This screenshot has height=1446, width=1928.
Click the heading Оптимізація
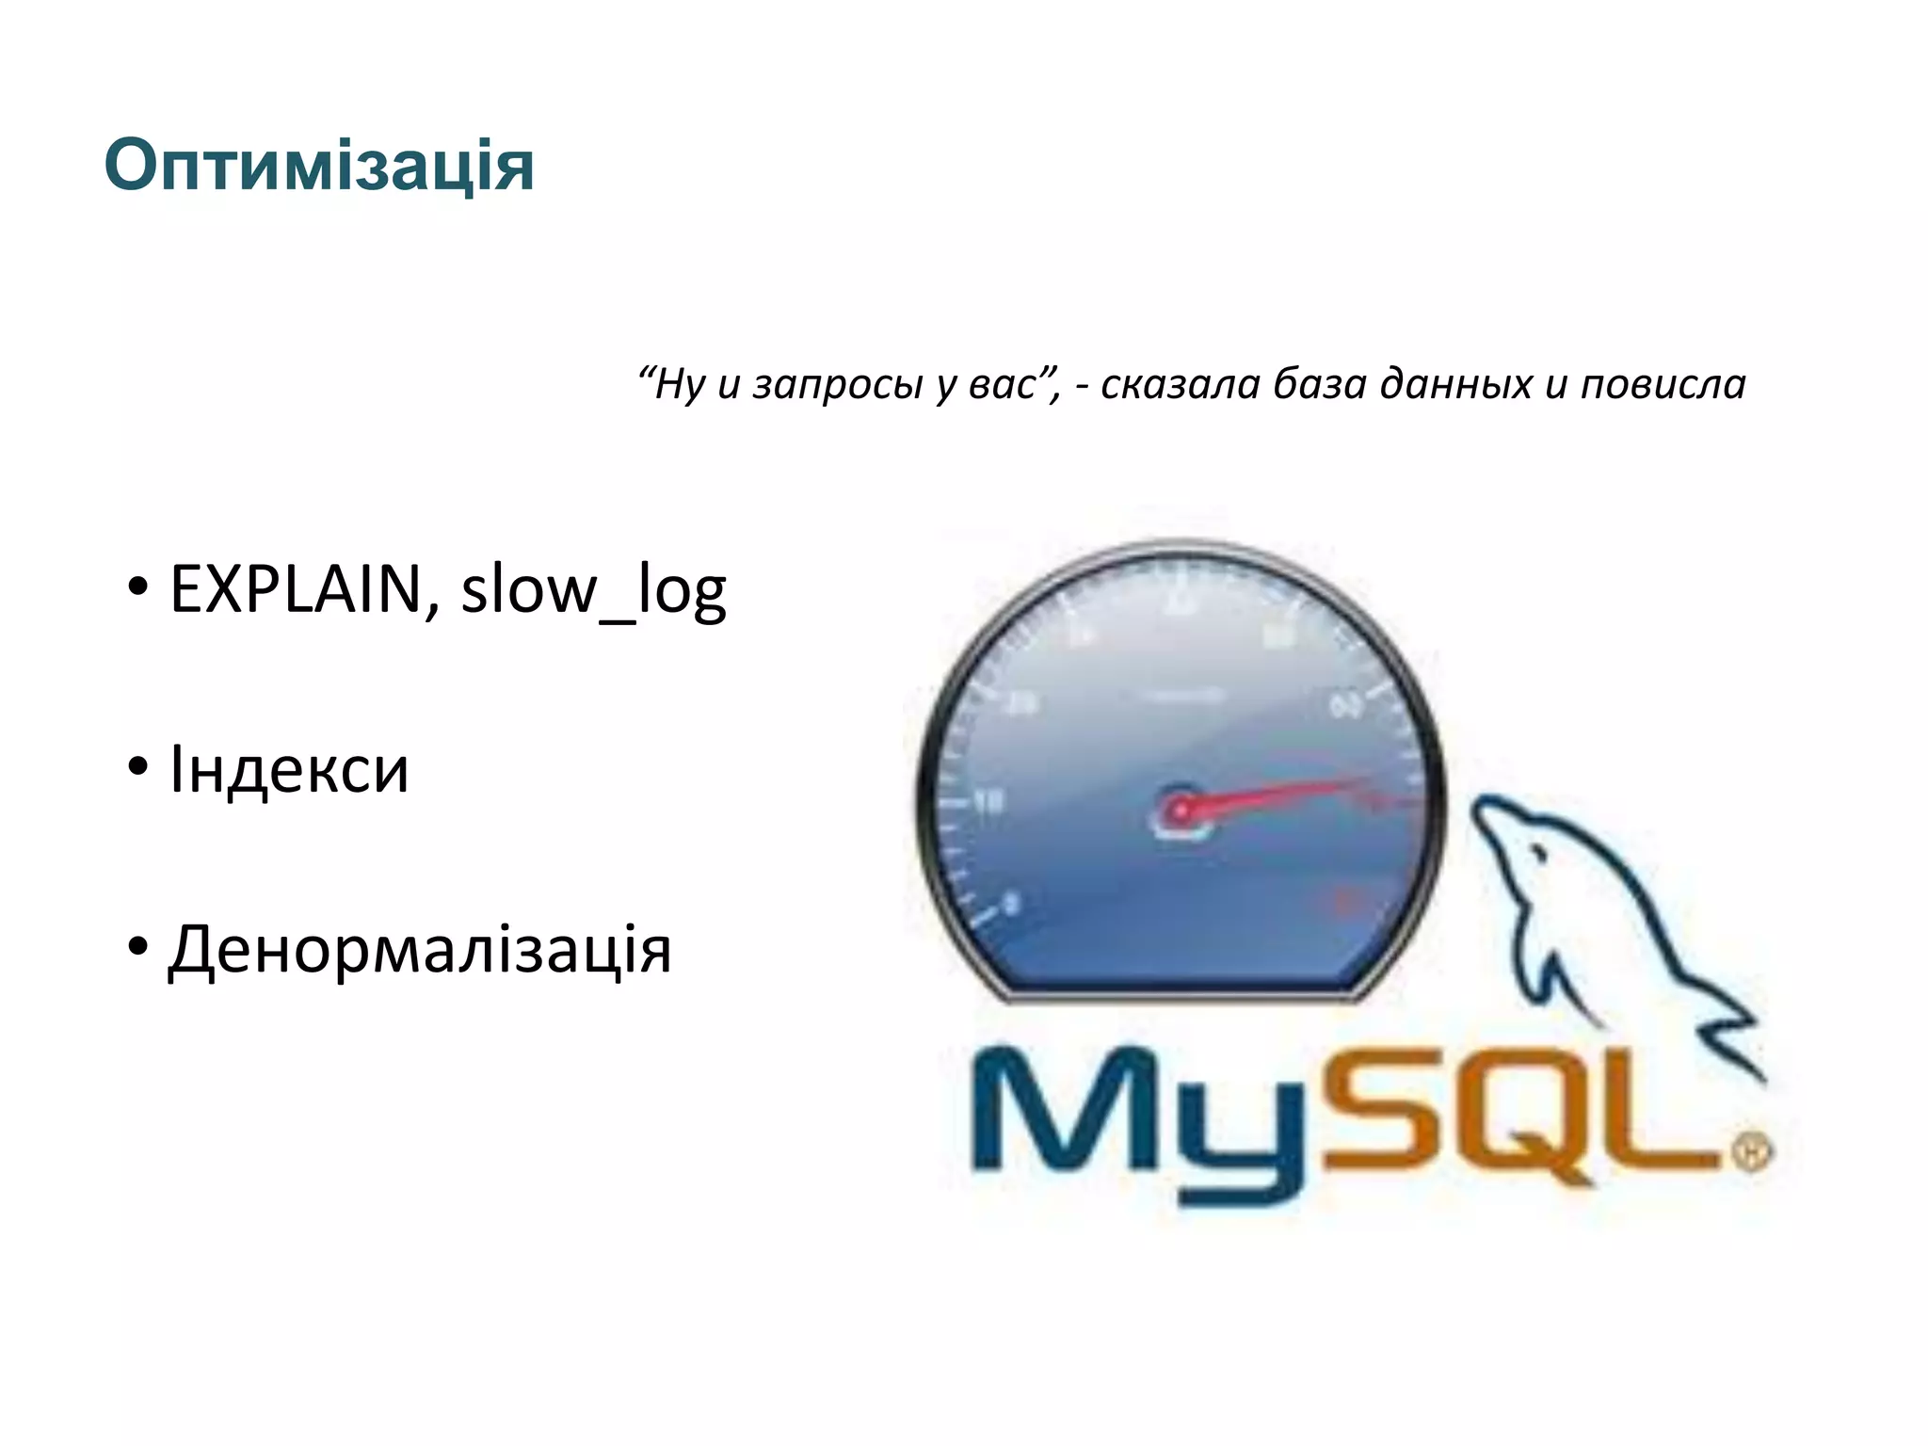coord(318,167)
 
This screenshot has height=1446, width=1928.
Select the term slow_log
coord(593,590)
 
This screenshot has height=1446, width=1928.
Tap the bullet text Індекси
coord(289,770)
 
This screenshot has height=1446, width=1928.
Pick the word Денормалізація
coord(420,949)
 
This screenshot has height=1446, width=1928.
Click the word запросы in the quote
coord(836,385)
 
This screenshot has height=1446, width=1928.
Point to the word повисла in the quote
coord(1663,385)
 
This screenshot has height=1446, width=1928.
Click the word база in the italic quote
coord(1319,385)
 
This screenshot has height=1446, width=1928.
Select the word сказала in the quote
coord(1180,385)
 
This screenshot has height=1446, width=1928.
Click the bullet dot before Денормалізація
coord(138,947)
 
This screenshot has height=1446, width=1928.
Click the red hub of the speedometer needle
coord(1180,809)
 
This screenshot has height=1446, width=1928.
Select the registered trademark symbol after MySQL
coord(1753,1150)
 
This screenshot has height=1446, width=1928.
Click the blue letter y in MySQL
coord(1240,1139)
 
